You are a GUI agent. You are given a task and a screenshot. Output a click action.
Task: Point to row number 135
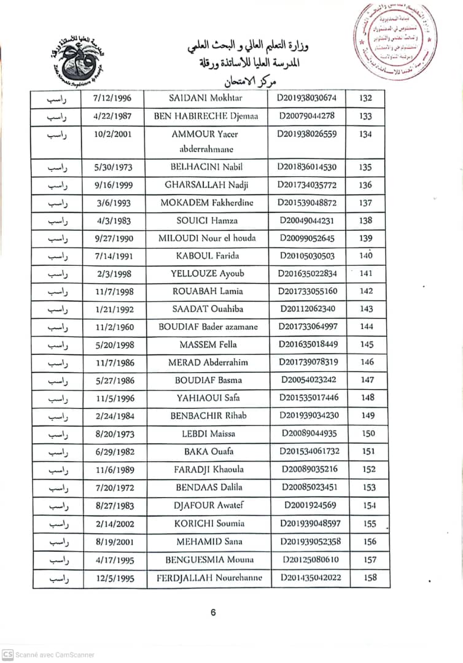point(365,167)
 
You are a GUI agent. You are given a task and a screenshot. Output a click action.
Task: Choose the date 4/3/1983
point(114,220)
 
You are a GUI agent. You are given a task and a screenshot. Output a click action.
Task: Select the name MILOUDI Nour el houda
point(207,238)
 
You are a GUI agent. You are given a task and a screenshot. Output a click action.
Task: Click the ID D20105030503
point(307,256)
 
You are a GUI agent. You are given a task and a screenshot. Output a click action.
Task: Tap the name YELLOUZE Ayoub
point(207,274)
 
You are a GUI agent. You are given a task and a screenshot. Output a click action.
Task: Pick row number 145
point(367,344)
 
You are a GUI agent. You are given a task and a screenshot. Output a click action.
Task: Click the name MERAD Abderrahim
point(207,362)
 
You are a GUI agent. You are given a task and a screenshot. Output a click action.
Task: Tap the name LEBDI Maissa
point(208,433)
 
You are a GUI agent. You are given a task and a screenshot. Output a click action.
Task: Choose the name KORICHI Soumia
point(209,524)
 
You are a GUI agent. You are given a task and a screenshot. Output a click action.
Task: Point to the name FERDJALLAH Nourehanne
point(209,578)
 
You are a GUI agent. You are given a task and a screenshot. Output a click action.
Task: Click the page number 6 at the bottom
point(213,612)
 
